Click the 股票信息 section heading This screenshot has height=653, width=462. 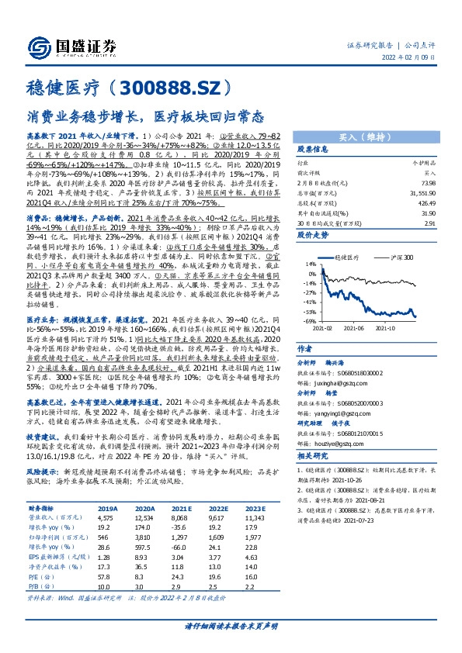[314, 149]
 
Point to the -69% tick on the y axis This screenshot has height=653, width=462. [310, 321]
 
